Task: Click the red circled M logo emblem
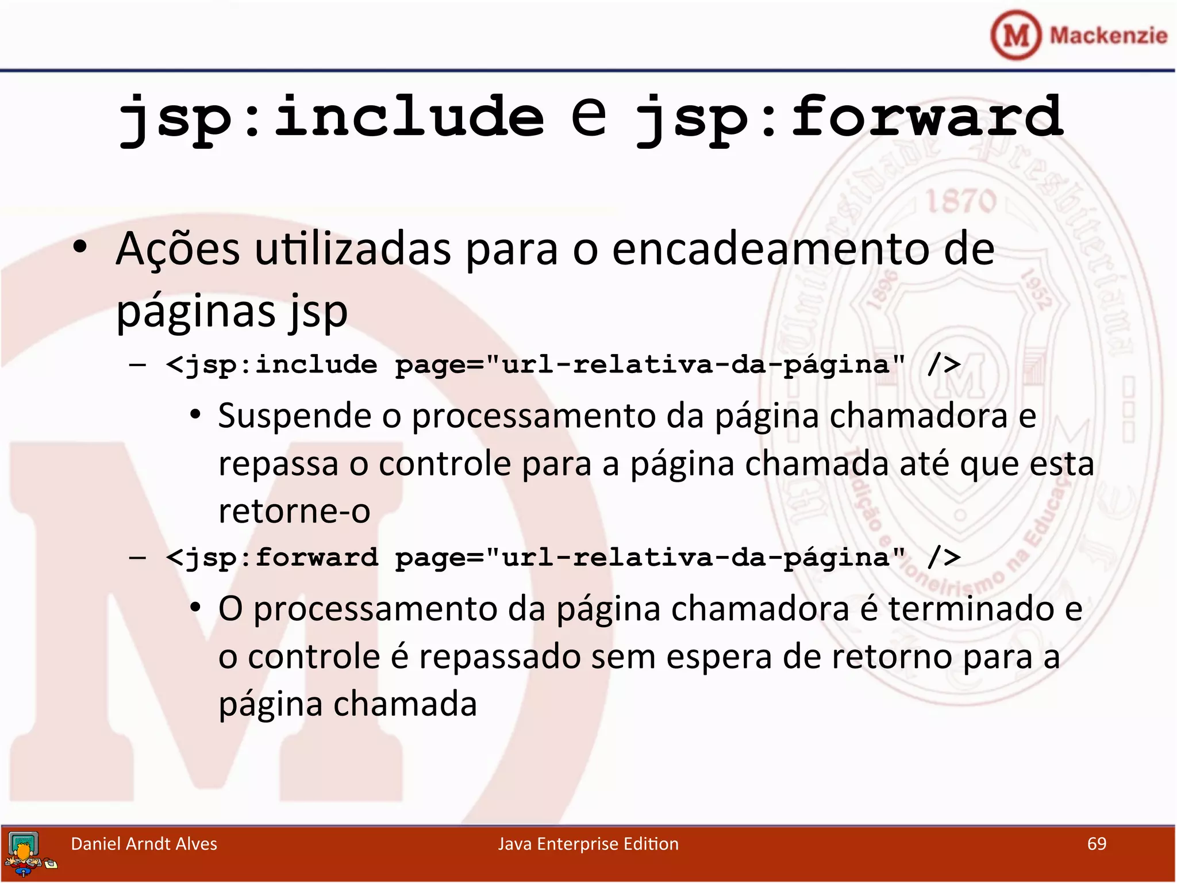click(1016, 35)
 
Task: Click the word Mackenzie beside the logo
click(1109, 36)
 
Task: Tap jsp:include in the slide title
click(331, 118)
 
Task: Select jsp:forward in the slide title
click(849, 118)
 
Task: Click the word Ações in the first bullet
click(178, 249)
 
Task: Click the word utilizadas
click(353, 249)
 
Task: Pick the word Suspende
click(294, 416)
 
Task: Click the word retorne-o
click(294, 511)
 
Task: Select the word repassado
click(499, 657)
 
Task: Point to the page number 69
click(1097, 844)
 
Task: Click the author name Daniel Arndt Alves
click(144, 844)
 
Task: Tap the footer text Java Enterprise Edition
click(588, 844)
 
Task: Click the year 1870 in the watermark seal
click(961, 202)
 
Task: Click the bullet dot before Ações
click(80, 247)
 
